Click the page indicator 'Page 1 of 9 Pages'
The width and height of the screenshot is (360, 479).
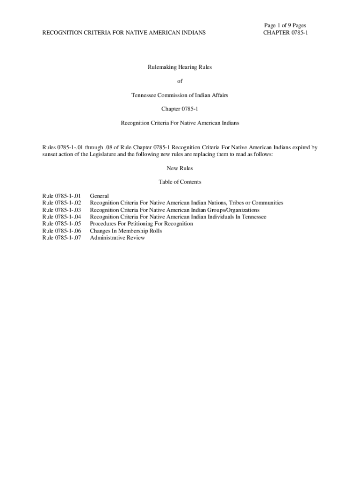tap(285, 25)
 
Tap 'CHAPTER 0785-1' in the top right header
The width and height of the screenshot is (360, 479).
tap(286, 33)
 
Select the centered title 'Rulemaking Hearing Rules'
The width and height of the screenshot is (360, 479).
tap(180, 67)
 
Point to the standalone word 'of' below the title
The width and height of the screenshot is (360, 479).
tap(180, 81)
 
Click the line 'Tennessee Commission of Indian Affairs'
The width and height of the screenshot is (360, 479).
tap(180, 95)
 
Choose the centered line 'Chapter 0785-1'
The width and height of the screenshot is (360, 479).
tap(180, 109)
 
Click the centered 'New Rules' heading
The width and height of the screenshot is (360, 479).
tap(180, 168)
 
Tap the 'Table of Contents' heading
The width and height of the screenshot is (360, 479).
tap(180, 182)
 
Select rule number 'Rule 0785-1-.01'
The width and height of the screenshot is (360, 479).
tap(62, 196)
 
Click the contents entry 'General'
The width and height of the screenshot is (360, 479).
tap(99, 196)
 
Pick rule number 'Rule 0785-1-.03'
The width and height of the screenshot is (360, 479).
tap(62, 210)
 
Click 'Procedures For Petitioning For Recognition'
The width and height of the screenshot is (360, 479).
tap(141, 224)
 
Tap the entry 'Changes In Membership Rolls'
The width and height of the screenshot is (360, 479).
tap(126, 231)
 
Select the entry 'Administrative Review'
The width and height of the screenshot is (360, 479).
tap(117, 238)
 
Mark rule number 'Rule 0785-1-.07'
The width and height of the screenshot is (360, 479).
tap(62, 238)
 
